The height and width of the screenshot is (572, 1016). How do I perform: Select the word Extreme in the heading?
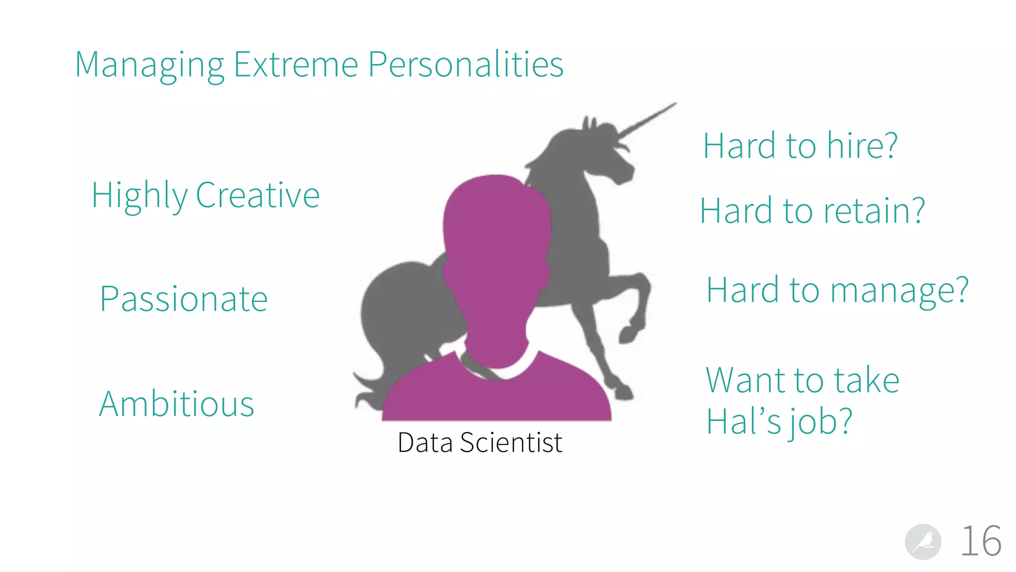click(x=296, y=65)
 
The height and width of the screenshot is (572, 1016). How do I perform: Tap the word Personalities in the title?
click(x=465, y=66)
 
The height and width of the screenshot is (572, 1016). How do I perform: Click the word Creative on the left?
click(x=257, y=195)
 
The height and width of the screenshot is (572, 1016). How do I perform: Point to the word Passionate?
click(x=184, y=299)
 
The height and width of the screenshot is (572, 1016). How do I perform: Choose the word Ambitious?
click(x=177, y=404)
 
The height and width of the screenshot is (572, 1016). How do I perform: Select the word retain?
click(x=874, y=211)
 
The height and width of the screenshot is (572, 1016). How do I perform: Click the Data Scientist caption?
click(x=480, y=442)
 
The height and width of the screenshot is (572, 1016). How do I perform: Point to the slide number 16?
click(x=981, y=541)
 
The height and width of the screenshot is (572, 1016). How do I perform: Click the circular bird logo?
click(x=923, y=542)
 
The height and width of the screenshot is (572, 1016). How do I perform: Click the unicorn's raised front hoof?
click(x=628, y=336)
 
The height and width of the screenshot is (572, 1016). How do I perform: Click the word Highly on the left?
click(x=139, y=195)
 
